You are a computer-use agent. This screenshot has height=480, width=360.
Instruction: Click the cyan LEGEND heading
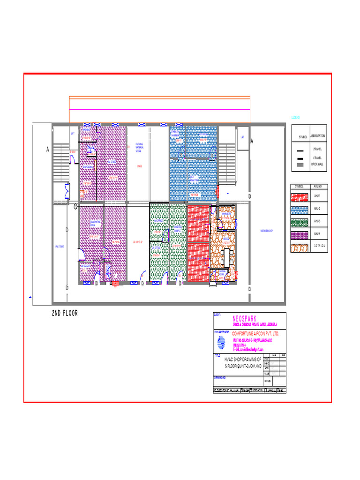[x=295, y=117]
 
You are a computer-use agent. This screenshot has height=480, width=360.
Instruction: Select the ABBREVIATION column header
[x=317, y=136]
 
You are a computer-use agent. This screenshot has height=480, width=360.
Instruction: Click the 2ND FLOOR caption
[x=65, y=314]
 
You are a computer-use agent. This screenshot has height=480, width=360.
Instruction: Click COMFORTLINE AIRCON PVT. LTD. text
[x=255, y=334]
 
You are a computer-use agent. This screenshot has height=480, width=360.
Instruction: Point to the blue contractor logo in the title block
[x=221, y=345]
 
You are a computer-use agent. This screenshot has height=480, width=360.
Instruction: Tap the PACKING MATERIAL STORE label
[x=140, y=148]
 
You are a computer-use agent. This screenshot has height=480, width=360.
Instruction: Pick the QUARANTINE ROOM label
[x=96, y=224]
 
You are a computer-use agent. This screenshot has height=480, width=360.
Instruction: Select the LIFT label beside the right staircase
[x=242, y=137]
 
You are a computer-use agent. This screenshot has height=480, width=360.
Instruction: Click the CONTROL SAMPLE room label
[x=177, y=229]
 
